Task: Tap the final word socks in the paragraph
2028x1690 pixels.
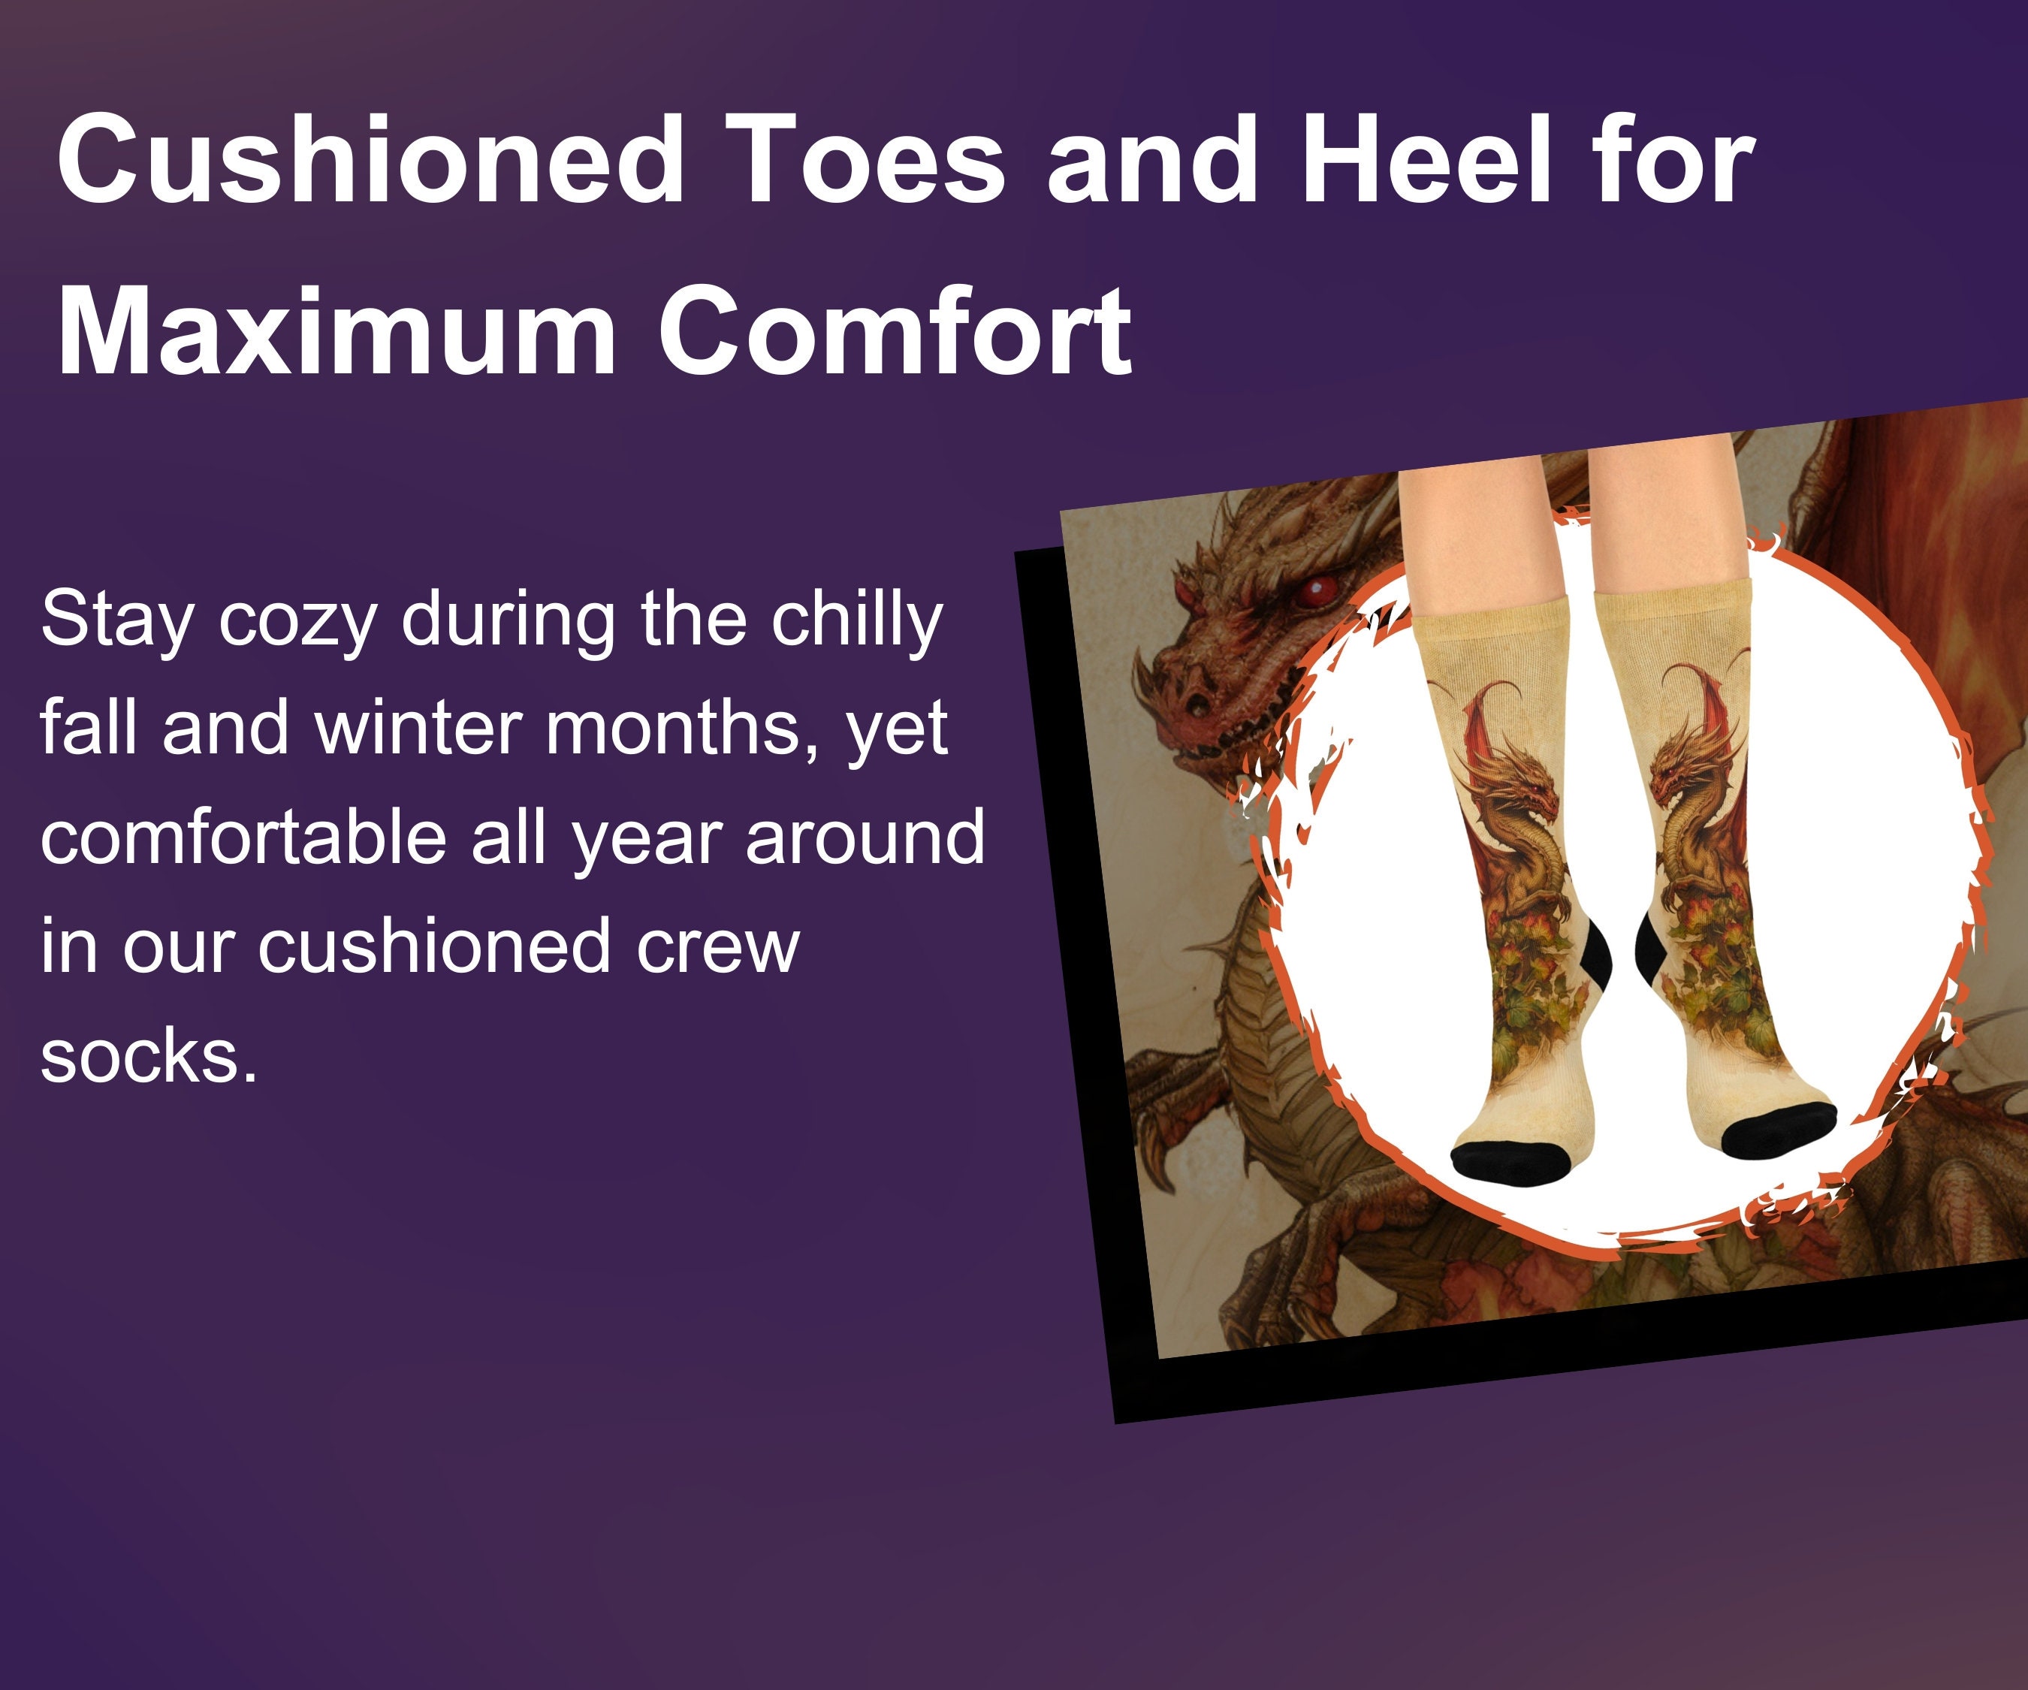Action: coord(149,1057)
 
